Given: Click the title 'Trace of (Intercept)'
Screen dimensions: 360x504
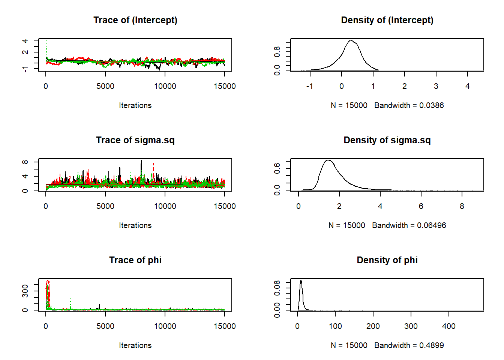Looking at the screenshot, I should pos(135,20).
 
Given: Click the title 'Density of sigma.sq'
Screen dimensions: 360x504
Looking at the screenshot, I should pos(387,140).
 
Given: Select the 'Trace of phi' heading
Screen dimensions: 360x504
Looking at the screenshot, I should pos(135,260).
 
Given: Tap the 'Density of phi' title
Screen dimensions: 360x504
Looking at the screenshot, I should pos(387,260).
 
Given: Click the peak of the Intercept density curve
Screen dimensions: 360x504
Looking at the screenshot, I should pos(351,40).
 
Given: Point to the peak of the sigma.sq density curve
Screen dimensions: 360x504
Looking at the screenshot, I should pos(328,160).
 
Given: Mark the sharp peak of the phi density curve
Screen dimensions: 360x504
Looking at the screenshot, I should pos(301,281).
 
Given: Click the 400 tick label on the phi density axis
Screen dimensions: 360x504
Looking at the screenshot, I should pos(449,326).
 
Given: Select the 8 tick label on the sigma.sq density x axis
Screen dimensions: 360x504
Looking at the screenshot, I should pos(462,206).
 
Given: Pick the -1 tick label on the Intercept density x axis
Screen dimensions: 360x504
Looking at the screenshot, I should pos(309,86).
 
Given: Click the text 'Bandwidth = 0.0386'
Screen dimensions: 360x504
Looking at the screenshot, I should pos(409,105).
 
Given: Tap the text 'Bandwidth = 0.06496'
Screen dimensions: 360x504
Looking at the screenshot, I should pos(409,225).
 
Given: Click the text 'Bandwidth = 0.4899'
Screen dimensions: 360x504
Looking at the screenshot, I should pos(409,345).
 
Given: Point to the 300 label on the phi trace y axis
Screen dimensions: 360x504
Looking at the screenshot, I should pos(25,291).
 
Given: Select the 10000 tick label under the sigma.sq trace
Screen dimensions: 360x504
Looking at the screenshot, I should pos(165,206).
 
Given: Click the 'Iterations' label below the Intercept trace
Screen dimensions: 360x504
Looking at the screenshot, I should pos(135,105).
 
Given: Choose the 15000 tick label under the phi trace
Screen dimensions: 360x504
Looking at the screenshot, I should pos(224,326).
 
